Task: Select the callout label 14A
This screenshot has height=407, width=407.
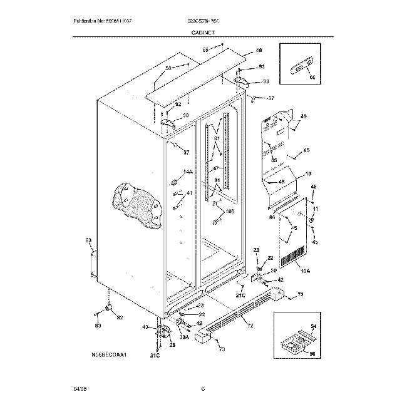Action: pyautogui.click(x=188, y=172)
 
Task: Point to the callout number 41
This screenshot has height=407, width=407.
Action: pyautogui.click(x=189, y=193)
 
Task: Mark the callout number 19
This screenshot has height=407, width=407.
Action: pyautogui.click(x=307, y=173)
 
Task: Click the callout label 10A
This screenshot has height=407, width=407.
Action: pyautogui.click(x=305, y=270)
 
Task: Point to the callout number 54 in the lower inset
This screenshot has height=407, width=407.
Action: pyautogui.click(x=314, y=327)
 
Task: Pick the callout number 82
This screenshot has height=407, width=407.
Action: pyautogui.click(x=120, y=318)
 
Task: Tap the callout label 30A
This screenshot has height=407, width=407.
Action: pyautogui.click(x=184, y=337)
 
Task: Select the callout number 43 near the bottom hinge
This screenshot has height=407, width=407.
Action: pyautogui.click(x=145, y=327)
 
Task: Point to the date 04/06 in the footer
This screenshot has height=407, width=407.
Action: pyautogui.click(x=78, y=389)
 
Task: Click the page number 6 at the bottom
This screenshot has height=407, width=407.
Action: pyautogui.click(x=203, y=389)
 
